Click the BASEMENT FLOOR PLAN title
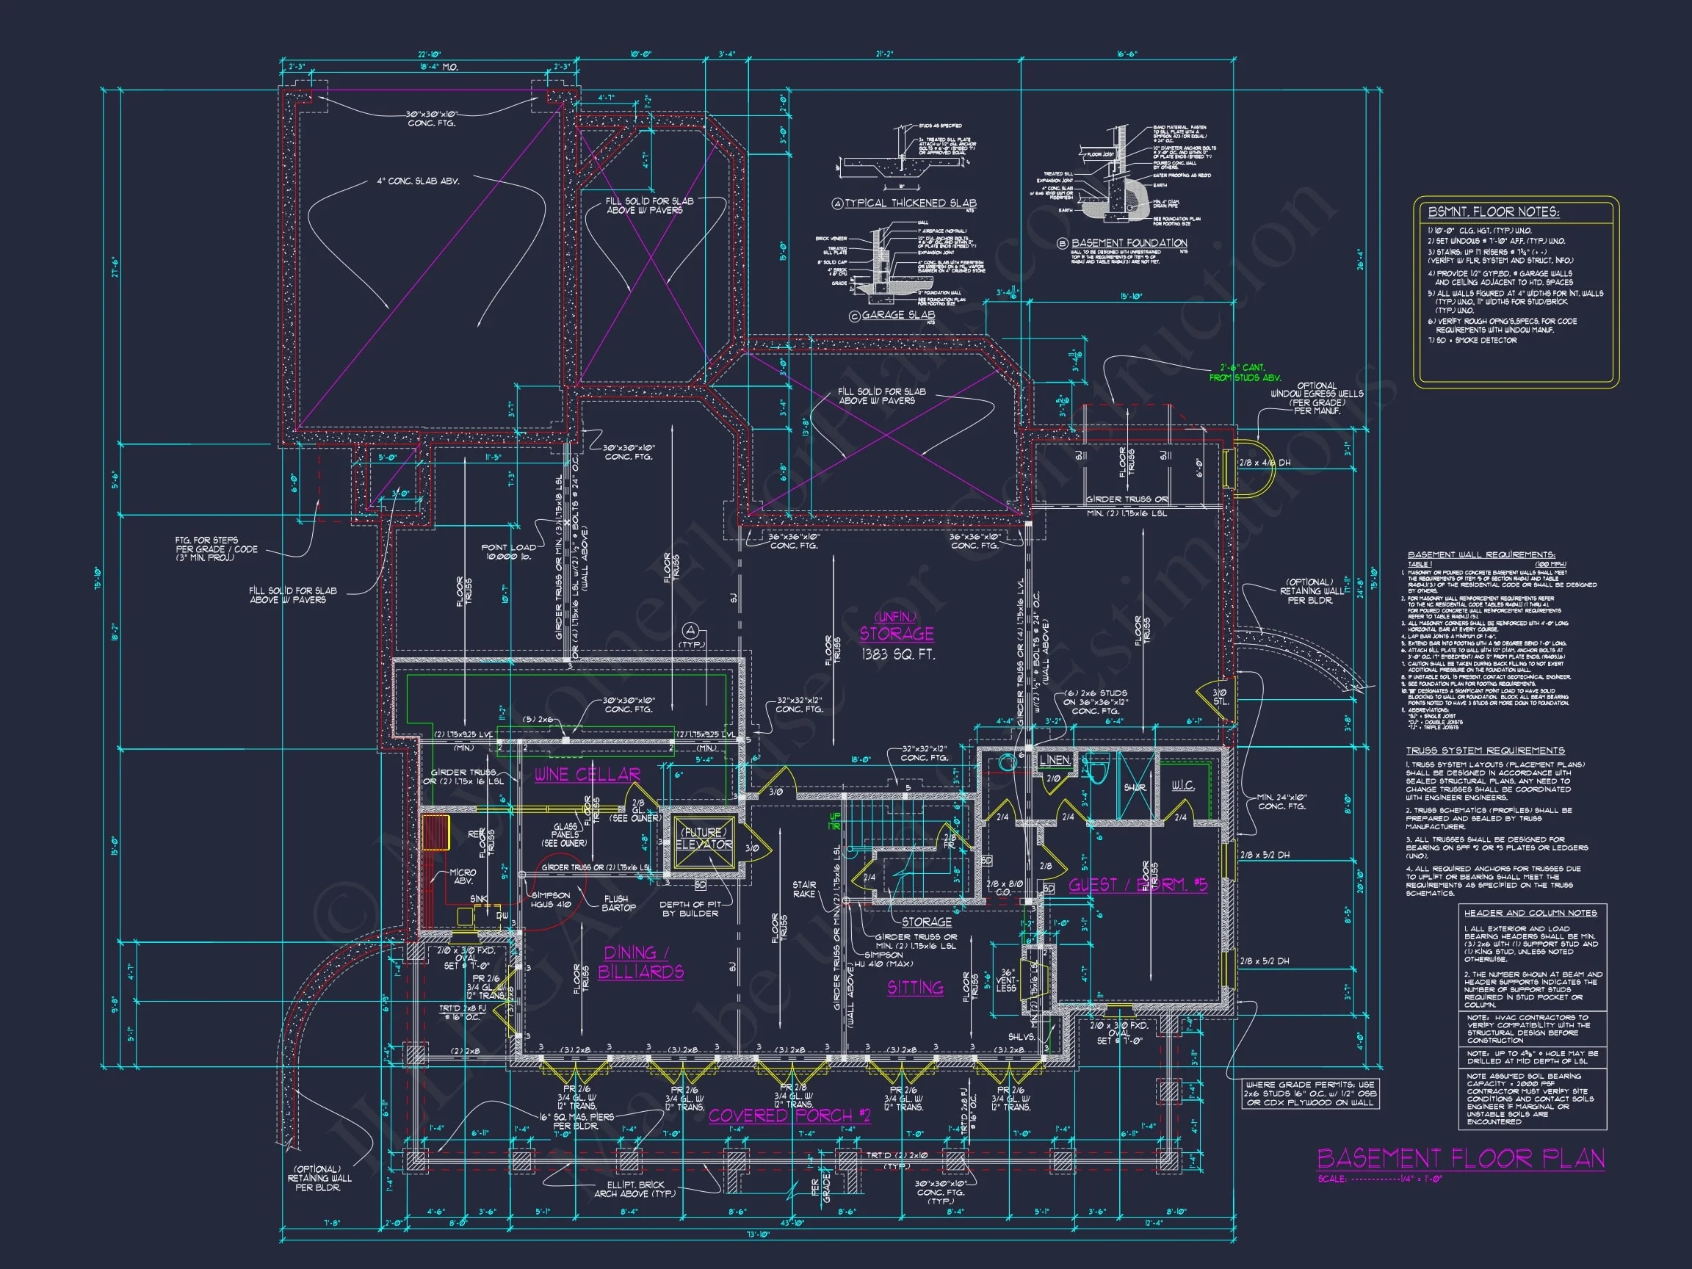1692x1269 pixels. tap(1460, 1158)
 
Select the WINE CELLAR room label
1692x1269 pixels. tap(587, 774)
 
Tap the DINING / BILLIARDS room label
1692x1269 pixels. tap(640, 962)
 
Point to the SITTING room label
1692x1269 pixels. tap(915, 988)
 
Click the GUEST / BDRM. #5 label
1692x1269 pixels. tap(1138, 885)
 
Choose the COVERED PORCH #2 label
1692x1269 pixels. tap(789, 1116)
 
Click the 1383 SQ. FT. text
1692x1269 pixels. tap(897, 655)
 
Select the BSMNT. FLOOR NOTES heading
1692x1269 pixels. tap(1493, 212)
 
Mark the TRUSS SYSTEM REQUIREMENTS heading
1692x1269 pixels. tap(1485, 751)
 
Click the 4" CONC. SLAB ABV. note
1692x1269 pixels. tap(418, 181)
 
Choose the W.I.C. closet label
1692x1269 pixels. tap(1182, 786)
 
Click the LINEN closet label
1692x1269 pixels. tap(1054, 759)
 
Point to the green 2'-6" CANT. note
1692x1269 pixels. tap(1245, 372)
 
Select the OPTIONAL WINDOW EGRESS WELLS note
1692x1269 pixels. tap(1317, 398)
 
